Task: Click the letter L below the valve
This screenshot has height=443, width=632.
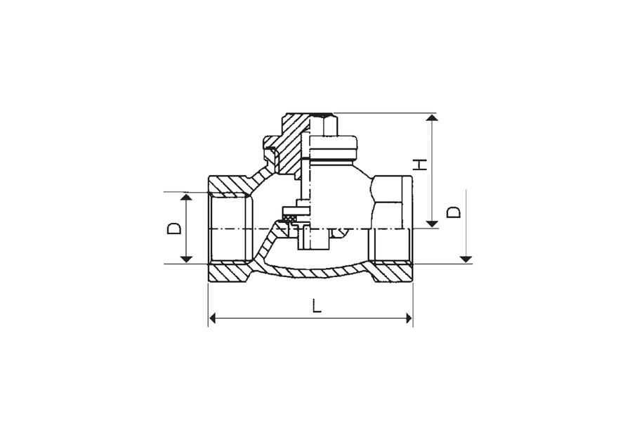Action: click(x=317, y=305)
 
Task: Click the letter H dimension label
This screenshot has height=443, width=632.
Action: click(x=421, y=165)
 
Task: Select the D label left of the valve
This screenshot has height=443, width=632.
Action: click(x=174, y=229)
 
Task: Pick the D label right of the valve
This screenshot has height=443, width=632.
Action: click(x=454, y=212)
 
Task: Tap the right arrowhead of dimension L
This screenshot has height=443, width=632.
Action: click(x=409, y=319)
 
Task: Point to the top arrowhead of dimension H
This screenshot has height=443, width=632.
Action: click(x=432, y=117)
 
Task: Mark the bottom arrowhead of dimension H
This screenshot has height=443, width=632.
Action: click(x=432, y=224)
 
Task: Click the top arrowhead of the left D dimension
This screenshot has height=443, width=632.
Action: click(x=186, y=197)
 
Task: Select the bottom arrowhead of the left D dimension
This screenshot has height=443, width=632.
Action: click(x=186, y=259)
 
